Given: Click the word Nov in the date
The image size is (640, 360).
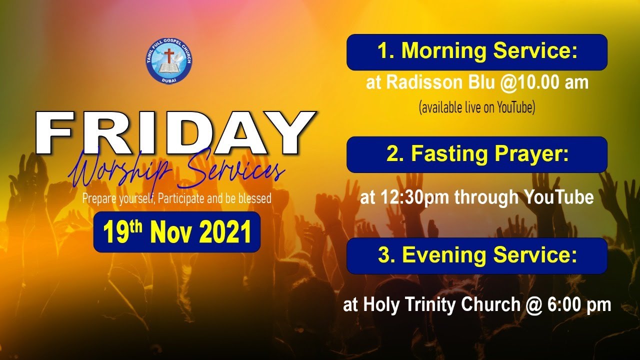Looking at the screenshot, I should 170,232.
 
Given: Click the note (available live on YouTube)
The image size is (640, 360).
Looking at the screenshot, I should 476,107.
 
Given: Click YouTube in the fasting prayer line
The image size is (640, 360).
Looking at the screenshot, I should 558,198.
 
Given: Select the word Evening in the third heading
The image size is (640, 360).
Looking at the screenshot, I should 443,255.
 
